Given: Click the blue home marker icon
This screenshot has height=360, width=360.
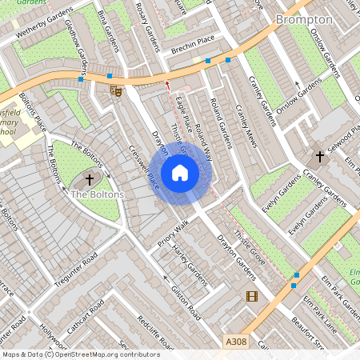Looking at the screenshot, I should (x=180, y=172).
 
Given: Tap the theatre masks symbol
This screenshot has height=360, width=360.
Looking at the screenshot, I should (x=117, y=91).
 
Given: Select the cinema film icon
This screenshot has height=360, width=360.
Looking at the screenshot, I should (x=253, y=297).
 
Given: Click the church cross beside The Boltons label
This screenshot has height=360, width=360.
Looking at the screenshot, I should (x=89, y=180).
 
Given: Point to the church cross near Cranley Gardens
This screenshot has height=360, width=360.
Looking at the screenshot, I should (x=321, y=156).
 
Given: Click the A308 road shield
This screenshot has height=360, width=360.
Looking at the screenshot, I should (x=236, y=342).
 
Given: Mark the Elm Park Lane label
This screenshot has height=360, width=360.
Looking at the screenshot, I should (x=319, y=313).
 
